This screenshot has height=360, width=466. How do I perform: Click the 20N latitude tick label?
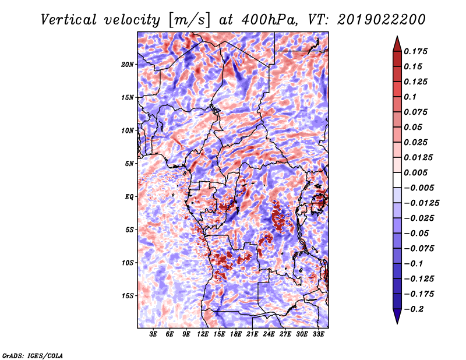(128, 65)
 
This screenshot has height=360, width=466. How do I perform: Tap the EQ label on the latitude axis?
(129, 197)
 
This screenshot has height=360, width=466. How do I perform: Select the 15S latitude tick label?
(128, 296)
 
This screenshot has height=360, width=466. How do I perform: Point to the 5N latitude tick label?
(129, 164)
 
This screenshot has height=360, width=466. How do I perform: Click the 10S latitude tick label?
(128, 263)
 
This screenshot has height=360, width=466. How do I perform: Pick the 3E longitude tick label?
(153, 334)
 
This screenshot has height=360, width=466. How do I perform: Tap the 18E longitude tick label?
(236, 334)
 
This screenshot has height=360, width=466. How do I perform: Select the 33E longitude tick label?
(318, 334)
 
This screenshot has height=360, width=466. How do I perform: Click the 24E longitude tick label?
(269, 334)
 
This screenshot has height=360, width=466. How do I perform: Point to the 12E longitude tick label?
(203, 334)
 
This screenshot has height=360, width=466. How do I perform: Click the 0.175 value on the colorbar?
(415, 51)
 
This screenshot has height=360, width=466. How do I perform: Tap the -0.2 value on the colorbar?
(414, 309)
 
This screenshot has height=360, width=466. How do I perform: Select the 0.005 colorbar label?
(415, 172)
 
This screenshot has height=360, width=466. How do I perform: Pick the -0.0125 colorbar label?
(421, 203)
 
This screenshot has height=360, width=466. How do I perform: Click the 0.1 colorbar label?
(410, 97)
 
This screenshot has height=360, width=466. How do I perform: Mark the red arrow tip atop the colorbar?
(397, 36)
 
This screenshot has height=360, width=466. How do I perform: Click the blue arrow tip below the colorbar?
(397, 323)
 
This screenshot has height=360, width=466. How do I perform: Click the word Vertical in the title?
(69, 20)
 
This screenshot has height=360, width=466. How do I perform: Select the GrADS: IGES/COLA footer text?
(33, 355)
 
